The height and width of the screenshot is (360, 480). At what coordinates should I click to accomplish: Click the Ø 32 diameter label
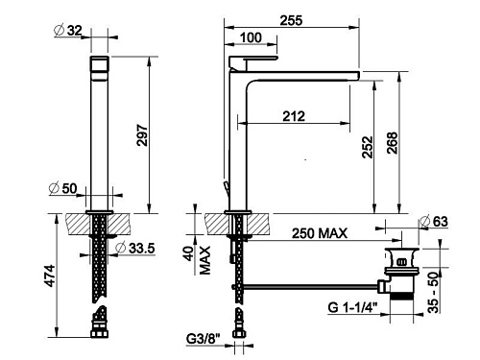coord(68,31)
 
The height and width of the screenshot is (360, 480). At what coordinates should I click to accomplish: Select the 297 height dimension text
coord(142,135)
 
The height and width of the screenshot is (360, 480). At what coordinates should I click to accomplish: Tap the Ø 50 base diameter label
coord(63,188)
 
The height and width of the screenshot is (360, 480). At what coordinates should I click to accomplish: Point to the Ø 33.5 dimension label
coord(135,248)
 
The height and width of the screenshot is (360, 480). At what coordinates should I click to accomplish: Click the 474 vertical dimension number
coord(50,276)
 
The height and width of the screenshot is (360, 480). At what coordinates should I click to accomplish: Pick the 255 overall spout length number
coord(291,20)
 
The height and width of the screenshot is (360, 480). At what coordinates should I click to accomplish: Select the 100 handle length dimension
coord(251,37)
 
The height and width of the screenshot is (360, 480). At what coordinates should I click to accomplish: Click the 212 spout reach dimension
coord(294,116)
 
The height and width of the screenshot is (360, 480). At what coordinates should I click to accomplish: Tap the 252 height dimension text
coord(368,147)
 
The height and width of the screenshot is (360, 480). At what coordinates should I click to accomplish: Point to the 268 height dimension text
coord(392,143)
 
